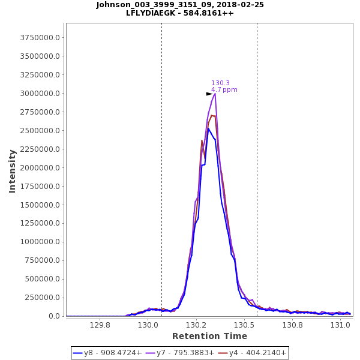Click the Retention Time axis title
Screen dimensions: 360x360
coord(201,336)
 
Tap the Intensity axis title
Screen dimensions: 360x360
coord(12,171)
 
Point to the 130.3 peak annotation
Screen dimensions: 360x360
coord(220,83)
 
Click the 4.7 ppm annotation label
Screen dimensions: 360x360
coord(224,90)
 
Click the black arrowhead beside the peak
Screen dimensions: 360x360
coord(209,94)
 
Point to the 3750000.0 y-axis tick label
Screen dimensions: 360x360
coord(41,38)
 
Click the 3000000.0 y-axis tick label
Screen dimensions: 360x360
coord(41,94)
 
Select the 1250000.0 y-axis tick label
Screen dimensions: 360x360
coord(41,223)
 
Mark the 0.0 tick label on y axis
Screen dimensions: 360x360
coord(54,316)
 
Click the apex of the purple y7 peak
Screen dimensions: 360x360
coord(215,94)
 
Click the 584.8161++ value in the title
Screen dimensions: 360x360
coord(209,13)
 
